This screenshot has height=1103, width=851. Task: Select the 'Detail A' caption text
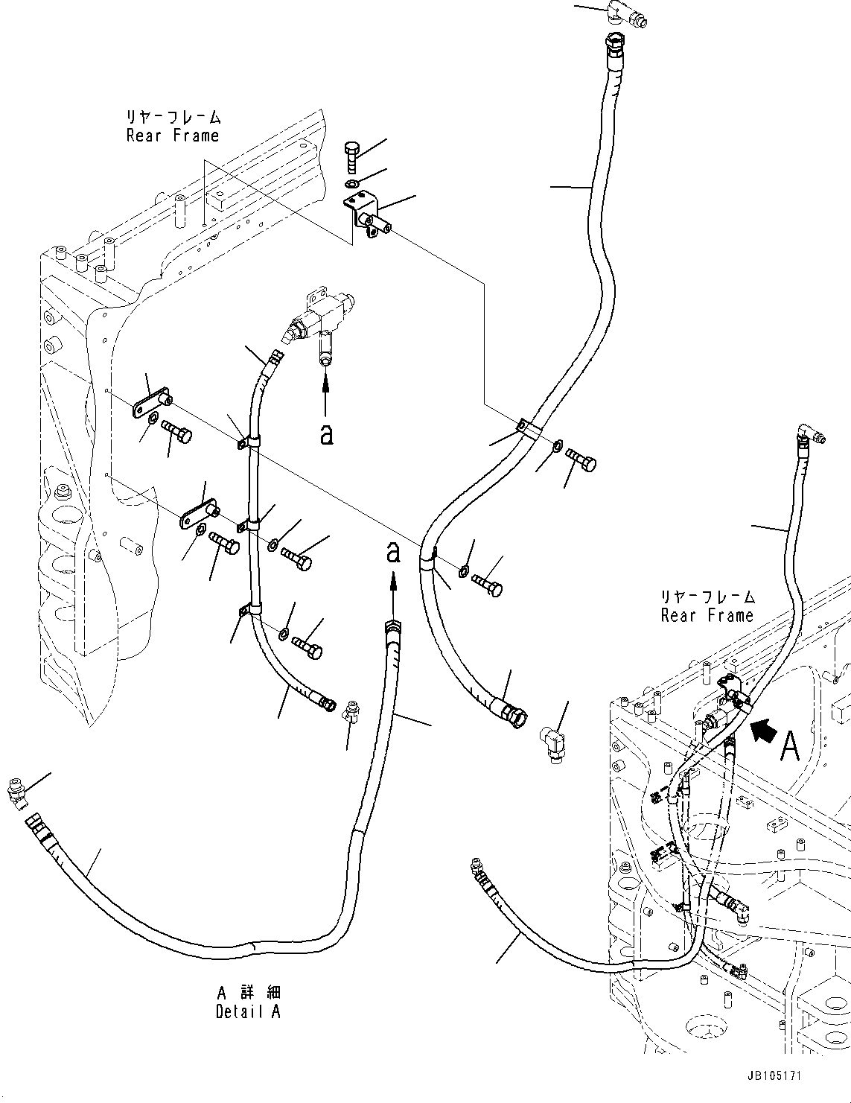tap(248, 1011)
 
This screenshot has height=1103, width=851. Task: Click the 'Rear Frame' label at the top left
tap(173, 135)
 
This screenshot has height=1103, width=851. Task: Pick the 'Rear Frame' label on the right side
tap(707, 615)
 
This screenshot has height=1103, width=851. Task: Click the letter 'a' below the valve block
tap(325, 434)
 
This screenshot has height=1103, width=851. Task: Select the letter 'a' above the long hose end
tap(392, 552)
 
